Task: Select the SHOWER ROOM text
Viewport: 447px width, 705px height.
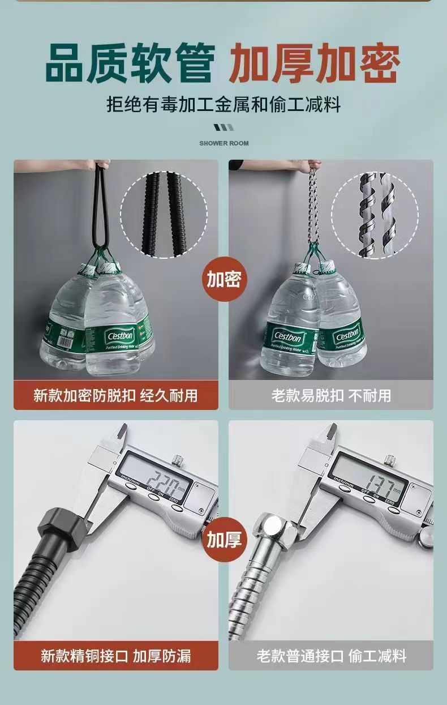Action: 223,143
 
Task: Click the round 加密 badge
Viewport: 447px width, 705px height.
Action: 223,279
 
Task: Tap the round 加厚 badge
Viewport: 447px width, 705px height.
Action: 223,540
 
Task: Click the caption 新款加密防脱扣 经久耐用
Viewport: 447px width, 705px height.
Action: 115,395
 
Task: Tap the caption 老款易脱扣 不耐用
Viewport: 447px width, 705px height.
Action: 331,395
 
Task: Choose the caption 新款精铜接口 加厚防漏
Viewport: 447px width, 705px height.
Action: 115,656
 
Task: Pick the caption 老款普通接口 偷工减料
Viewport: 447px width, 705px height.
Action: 331,656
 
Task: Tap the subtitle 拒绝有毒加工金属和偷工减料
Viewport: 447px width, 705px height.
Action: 223,104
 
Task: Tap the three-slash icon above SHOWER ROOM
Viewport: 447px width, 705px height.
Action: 223,127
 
